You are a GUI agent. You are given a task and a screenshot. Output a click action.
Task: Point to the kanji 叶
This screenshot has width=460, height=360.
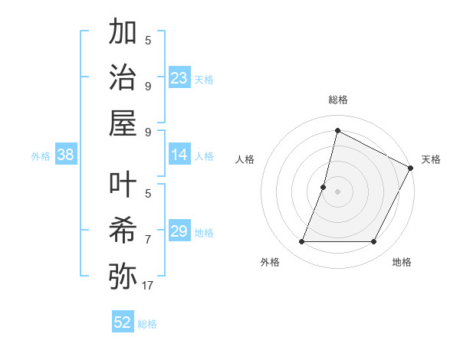click(x=123, y=186)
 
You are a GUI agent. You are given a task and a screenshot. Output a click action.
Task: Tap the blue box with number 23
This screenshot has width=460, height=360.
click(x=179, y=78)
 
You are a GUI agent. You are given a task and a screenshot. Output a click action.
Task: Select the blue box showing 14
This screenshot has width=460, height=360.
click(x=179, y=155)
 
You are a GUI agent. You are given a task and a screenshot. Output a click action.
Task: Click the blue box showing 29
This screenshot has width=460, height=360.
click(x=179, y=232)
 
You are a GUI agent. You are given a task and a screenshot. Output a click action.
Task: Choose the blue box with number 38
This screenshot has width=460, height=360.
click(x=66, y=155)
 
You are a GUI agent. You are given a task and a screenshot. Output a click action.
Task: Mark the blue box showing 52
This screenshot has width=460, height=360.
click(x=123, y=322)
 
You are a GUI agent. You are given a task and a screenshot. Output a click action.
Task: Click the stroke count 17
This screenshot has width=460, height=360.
click(x=148, y=286)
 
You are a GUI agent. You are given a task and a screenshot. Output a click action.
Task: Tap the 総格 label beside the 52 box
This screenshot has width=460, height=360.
click(x=147, y=324)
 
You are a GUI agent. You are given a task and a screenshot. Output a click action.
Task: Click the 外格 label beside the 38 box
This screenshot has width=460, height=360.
click(x=41, y=156)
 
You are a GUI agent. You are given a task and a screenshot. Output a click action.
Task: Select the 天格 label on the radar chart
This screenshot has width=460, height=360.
click(x=431, y=159)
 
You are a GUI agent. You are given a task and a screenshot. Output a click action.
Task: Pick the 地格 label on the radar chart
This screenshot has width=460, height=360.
click(x=402, y=262)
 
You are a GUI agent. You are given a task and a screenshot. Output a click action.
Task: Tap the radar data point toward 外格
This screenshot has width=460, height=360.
click(x=301, y=242)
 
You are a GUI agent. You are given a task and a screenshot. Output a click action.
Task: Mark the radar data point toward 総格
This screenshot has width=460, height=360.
click(x=337, y=131)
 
